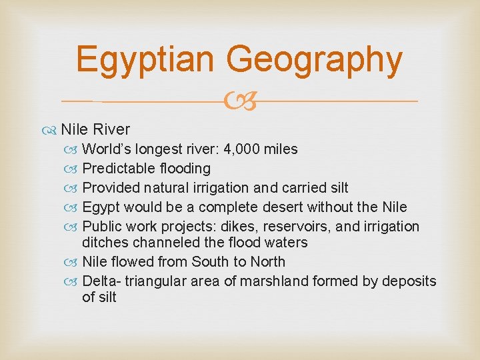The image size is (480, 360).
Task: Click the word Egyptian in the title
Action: [x=146, y=59]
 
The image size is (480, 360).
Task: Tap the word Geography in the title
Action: [x=314, y=59]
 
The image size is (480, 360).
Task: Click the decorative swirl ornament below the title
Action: [x=240, y=101]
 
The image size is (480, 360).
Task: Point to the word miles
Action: [x=281, y=149]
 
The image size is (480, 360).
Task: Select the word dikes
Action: [x=243, y=226]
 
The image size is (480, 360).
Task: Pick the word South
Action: [x=209, y=261]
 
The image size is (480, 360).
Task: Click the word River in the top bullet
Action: [x=111, y=129]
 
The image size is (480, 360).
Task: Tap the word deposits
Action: [x=409, y=281]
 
